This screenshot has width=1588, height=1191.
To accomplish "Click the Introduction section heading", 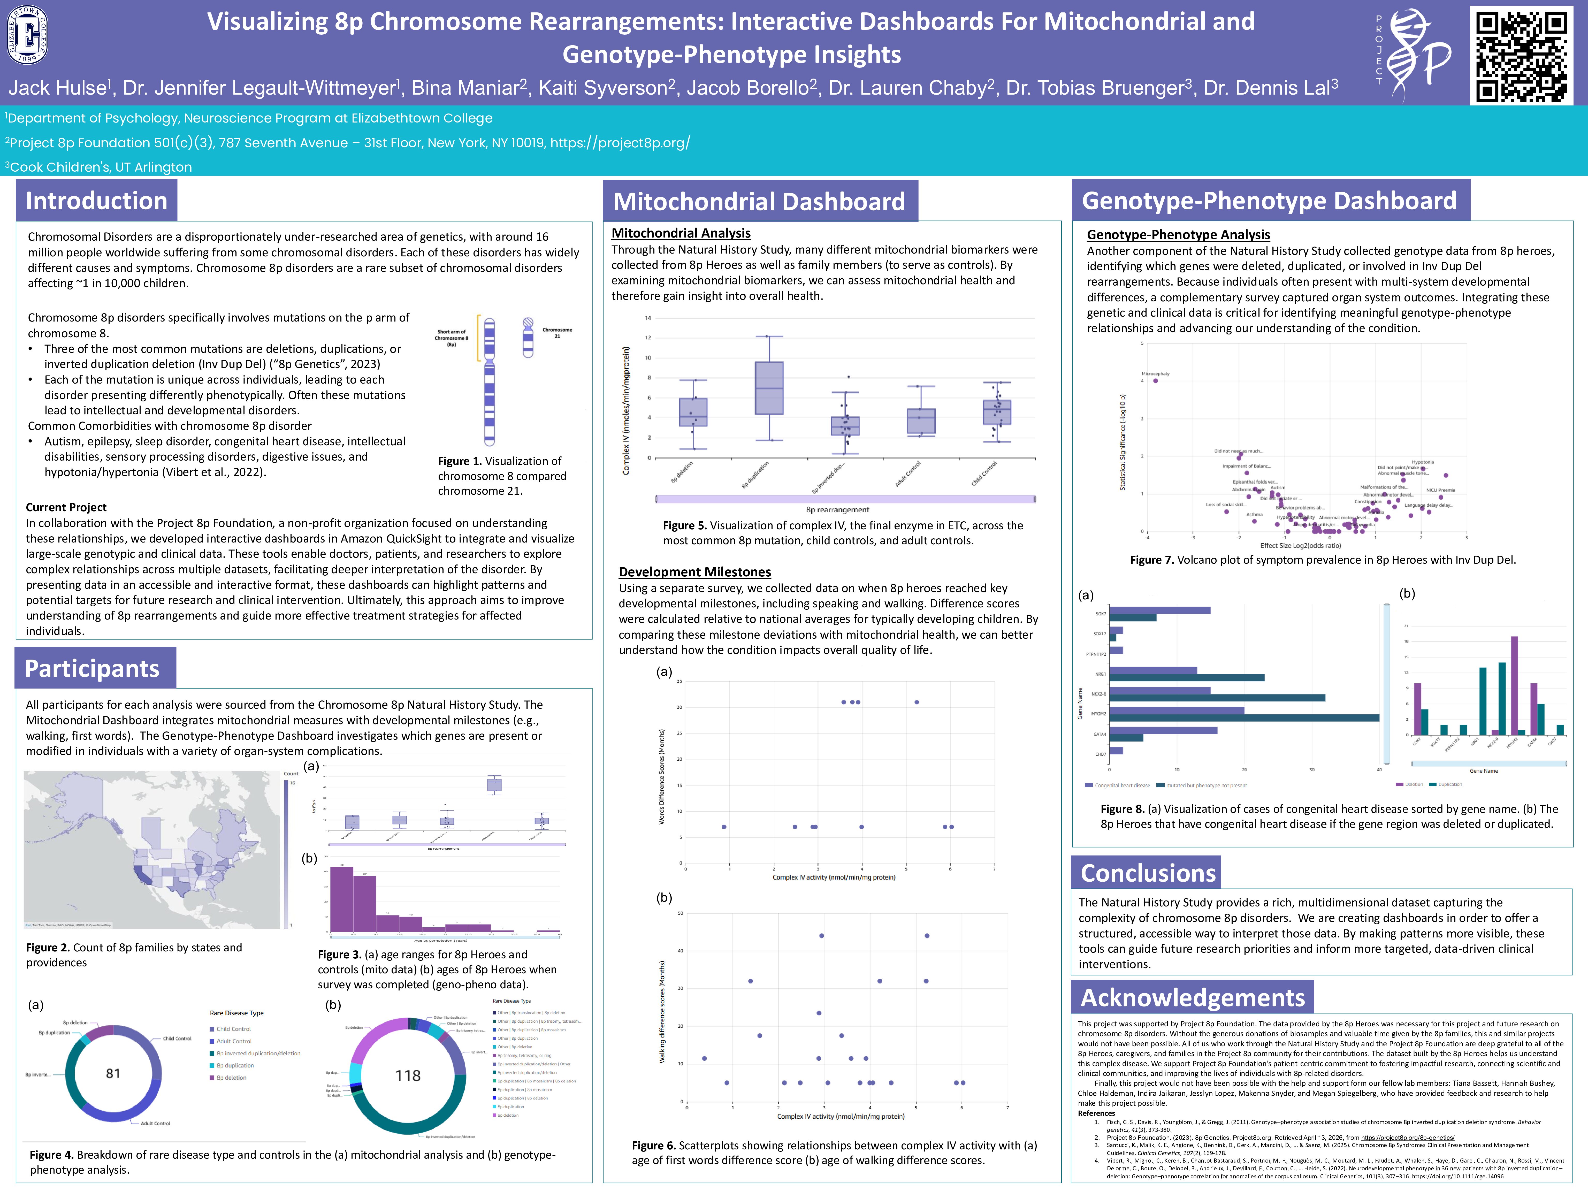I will [x=96, y=200].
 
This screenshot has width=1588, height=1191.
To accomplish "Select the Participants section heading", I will [x=92, y=668].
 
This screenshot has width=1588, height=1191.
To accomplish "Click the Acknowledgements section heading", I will [x=1193, y=997].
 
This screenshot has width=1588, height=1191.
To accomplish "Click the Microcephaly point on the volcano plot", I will [x=1155, y=380].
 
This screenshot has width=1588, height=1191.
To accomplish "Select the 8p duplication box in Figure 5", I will [x=769, y=388].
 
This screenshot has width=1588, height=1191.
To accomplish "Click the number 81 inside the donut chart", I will [x=113, y=1073].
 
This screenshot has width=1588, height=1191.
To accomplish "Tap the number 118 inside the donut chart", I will [x=408, y=1075].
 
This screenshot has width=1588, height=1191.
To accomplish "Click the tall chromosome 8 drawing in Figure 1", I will [x=490, y=380].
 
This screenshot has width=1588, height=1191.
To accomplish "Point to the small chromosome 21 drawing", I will [x=528, y=337].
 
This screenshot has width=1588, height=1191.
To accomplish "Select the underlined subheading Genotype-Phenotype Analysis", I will [x=1178, y=235].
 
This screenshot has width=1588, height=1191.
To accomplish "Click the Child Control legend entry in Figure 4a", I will [x=233, y=1029].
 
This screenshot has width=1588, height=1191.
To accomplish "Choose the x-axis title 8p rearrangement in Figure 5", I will [x=837, y=510].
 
